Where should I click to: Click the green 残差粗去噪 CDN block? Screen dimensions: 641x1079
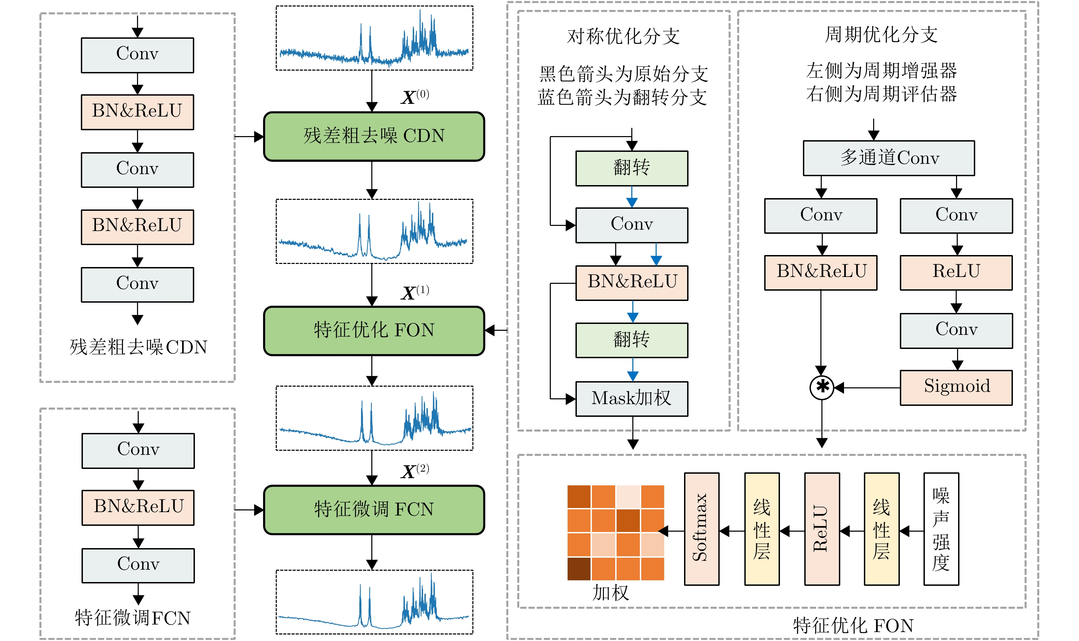tap(374, 136)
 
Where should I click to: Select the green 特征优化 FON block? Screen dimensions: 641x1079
tap(374, 331)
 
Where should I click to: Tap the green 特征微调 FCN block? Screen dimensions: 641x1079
tap(374, 510)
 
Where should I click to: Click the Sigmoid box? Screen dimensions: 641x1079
tap(956, 387)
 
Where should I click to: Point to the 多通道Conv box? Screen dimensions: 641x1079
tap(888, 158)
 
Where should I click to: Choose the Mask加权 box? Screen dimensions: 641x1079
tap(631, 399)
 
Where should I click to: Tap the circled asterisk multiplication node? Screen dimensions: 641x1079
tap(821, 387)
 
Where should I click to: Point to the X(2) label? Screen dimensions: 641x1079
tap(415, 471)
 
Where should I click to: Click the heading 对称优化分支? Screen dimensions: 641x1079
tap(623, 36)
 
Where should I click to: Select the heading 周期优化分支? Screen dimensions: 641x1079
tap(881, 35)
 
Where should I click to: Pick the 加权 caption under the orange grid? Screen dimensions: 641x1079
tap(610, 593)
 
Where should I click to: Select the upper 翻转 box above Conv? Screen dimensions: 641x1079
tap(631, 168)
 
